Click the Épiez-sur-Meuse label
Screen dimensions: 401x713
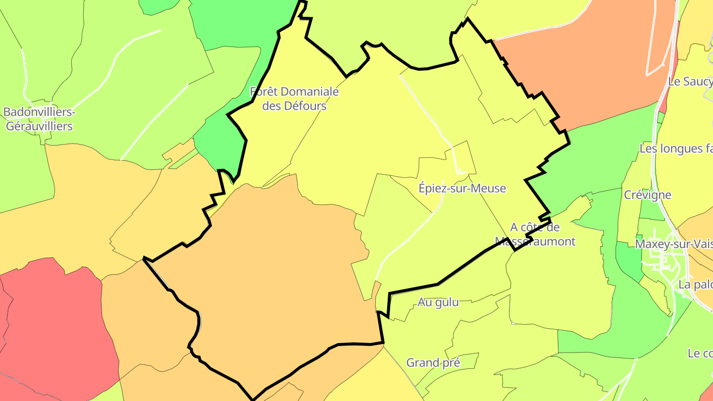click(462, 188)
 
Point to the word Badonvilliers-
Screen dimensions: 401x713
click(39, 112)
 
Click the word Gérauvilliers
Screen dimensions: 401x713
click(39, 126)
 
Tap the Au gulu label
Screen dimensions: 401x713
click(438, 302)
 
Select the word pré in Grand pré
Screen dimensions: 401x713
click(451, 363)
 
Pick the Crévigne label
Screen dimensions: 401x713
click(647, 195)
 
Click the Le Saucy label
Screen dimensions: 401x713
click(690, 82)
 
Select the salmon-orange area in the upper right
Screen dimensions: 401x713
click(594, 64)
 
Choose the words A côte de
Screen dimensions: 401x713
click(535, 227)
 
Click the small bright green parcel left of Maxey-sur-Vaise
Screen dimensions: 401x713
click(628, 260)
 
